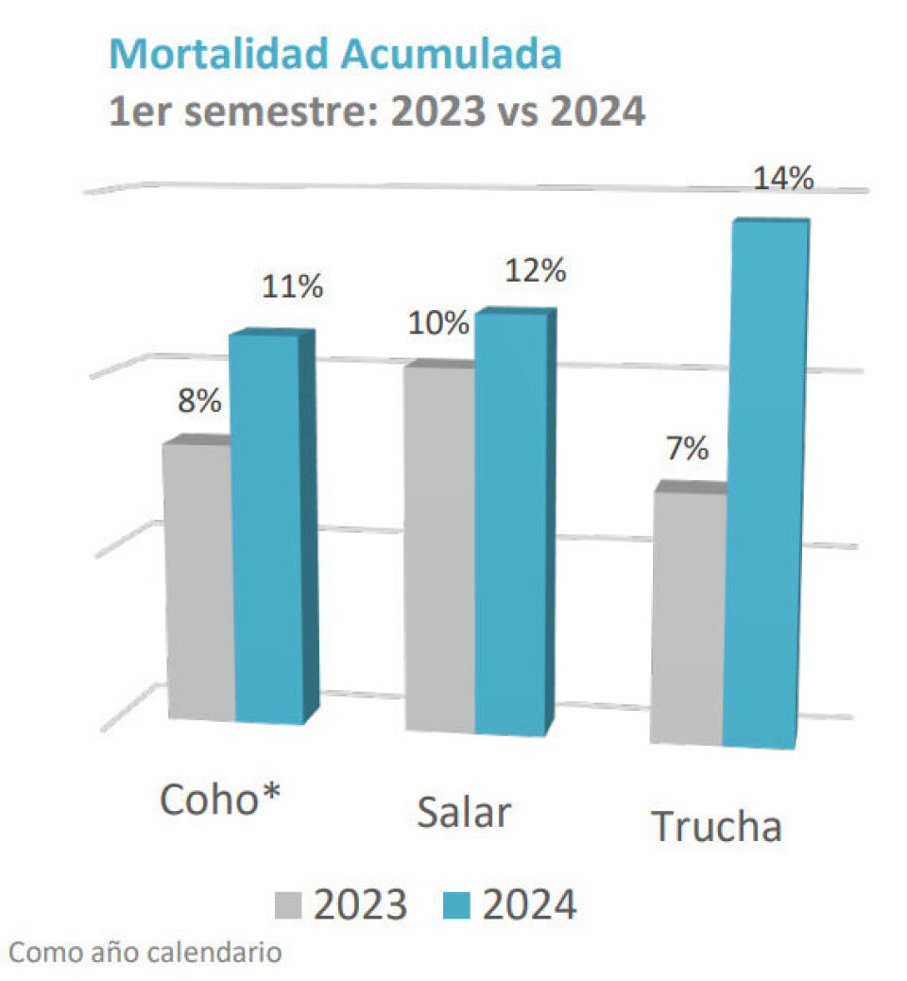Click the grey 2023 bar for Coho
click(198, 581)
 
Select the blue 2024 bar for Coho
click(267, 529)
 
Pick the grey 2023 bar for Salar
click(438, 548)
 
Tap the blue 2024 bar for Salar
click(509, 525)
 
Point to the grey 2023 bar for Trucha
click(687, 614)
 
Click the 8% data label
click(199, 401)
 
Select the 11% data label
click(292, 285)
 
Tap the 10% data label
click(438, 323)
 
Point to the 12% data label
click(535, 271)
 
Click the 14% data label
click(783, 179)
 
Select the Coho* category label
click(223, 801)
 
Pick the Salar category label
click(463, 813)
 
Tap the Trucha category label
click(718, 827)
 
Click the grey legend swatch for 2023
click(289, 904)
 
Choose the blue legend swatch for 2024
click(456, 904)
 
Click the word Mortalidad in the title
click(219, 55)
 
